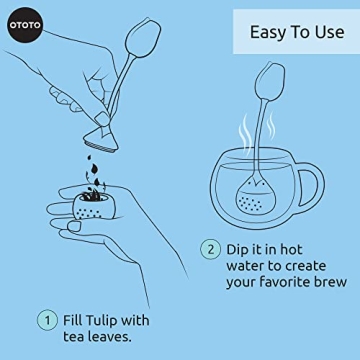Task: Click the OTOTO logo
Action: (x=23, y=22)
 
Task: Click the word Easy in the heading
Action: (x=265, y=33)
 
